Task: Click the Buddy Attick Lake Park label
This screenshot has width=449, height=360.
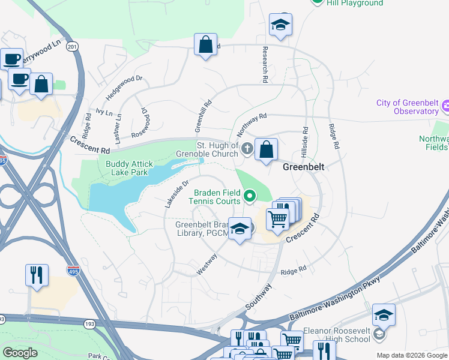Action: pyautogui.click(x=129, y=168)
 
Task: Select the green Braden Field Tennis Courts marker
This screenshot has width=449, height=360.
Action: pyautogui.click(x=249, y=195)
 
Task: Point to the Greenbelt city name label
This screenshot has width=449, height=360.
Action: pyautogui.click(x=304, y=167)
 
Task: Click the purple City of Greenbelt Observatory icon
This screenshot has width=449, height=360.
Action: pyautogui.click(x=445, y=107)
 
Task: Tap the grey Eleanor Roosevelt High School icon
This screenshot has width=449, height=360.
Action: pyautogui.click(x=379, y=333)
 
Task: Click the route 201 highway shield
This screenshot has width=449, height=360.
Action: pyautogui.click(x=73, y=47)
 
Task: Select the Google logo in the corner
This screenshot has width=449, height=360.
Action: pyautogui.click(x=20, y=353)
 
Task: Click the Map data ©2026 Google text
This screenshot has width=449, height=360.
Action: pyautogui.click(x=412, y=355)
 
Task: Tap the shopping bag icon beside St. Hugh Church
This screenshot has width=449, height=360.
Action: pyautogui.click(x=266, y=150)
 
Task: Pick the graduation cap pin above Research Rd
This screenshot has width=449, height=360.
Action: pyautogui.click(x=280, y=25)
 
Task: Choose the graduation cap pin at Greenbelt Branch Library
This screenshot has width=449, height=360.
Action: pyautogui.click(x=240, y=229)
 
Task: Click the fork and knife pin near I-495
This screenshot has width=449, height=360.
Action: pyautogui.click(x=37, y=275)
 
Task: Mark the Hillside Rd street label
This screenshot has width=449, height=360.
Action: pyautogui.click(x=306, y=137)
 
